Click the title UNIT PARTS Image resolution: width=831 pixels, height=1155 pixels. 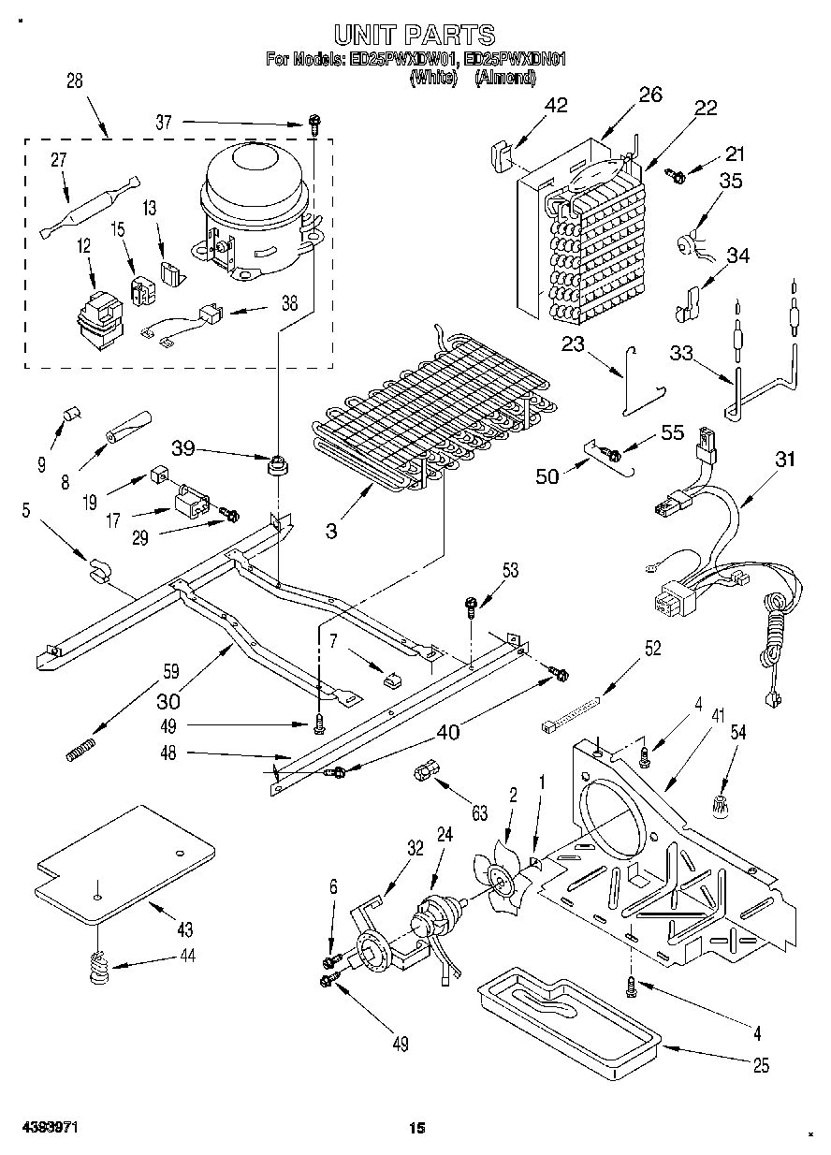[415, 36]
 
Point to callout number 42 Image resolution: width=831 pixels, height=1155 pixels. [556, 105]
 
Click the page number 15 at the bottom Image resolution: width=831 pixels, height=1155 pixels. [417, 1129]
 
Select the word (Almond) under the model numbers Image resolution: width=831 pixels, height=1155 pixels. [504, 80]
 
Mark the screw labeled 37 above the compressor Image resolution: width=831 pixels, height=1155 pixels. [315, 122]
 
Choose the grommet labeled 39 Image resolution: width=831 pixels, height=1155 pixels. [276, 463]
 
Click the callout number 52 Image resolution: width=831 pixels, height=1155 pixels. [652, 648]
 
